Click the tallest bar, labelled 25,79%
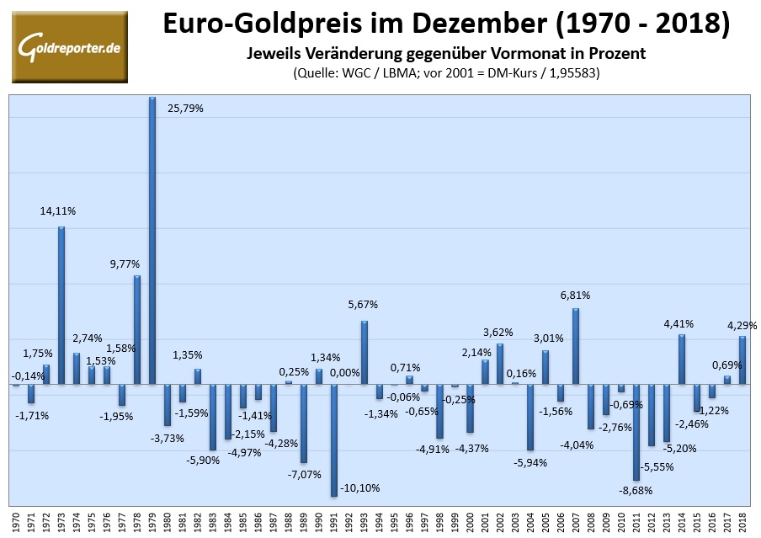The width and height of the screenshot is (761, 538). pyautogui.click(x=152, y=241)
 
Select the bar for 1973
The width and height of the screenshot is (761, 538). pyautogui.click(x=61, y=306)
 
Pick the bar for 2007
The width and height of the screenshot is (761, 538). pyautogui.click(x=576, y=346)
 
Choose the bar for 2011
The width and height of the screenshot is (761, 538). pyautogui.click(x=636, y=432)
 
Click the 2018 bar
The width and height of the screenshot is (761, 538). pyautogui.click(x=742, y=360)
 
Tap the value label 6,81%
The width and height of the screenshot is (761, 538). pyautogui.click(x=575, y=296)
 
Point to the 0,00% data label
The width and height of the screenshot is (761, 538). pyautogui.click(x=344, y=372)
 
